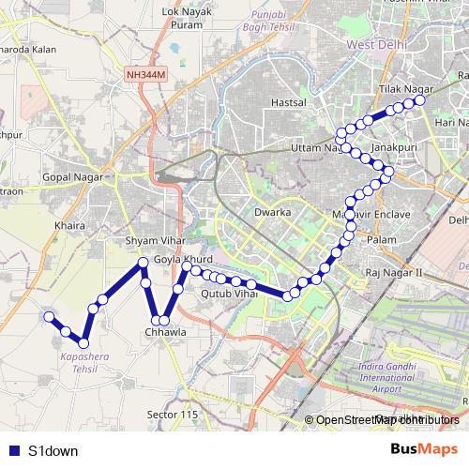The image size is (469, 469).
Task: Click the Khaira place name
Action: pyautogui.click(x=70, y=225)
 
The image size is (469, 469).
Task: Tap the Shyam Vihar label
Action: pyautogui.click(x=150, y=241)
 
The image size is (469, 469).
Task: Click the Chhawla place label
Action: pyautogui.click(x=165, y=331)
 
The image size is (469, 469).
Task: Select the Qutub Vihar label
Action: pyautogui.click(x=228, y=294)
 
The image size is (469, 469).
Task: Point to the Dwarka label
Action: pyautogui.click(x=272, y=212)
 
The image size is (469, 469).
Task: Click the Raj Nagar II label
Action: pyautogui.click(x=395, y=272)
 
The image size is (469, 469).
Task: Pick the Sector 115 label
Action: pyautogui.click(x=174, y=414)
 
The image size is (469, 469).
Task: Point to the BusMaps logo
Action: pyautogui.click(x=423, y=448)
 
